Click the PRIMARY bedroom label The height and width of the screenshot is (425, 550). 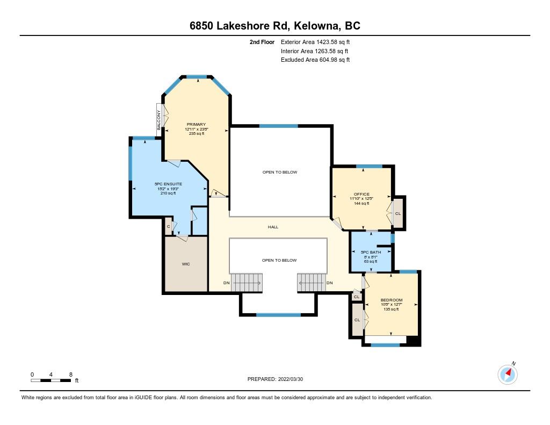196,124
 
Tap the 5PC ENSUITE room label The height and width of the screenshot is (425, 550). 168,184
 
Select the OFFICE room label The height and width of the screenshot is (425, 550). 361,194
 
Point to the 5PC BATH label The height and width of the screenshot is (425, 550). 371,252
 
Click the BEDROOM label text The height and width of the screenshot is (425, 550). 392,300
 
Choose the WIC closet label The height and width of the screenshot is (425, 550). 186,264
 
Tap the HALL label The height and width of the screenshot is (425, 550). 273,227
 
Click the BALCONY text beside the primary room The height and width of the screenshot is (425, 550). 159,120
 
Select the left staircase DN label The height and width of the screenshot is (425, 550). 227,283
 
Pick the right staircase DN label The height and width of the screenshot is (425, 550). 329,283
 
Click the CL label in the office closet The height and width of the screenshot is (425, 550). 398,213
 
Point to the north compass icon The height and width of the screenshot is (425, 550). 508,374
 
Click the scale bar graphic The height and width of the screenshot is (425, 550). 51,380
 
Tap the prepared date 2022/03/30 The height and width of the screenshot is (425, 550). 291,379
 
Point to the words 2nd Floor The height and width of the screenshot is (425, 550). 262,42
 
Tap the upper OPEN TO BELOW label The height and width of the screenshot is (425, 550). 279,172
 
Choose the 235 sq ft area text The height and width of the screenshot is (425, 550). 197,133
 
